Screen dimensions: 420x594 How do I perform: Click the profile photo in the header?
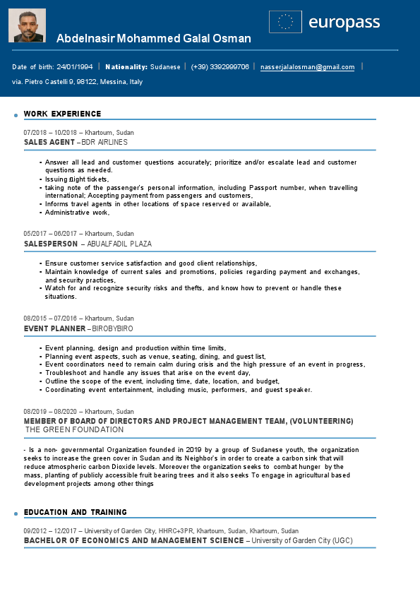pos(27,25)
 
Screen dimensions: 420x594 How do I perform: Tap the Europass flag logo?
pos(285,22)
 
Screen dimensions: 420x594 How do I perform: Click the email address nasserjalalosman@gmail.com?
pos(307,67)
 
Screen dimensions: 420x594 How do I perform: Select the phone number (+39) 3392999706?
pos(220,67)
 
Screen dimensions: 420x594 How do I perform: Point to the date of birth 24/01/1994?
pos(75,67)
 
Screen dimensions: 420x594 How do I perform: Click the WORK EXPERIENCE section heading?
pos(62,114)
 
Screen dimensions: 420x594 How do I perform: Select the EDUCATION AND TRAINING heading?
pos(75,512)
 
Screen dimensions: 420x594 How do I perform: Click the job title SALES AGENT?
pos(49,142)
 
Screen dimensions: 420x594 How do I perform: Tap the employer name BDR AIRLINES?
pos(104,142)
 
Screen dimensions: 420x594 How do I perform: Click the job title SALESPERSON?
pos(51,244)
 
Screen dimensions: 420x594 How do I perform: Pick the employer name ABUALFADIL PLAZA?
pos(119,244)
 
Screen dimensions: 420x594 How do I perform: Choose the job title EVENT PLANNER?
pos(54,328)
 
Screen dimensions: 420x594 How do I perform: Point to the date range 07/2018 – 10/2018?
pos(53,132)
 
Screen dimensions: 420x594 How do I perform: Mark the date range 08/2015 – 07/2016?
pos(53,319)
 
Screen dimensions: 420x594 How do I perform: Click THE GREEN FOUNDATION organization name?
pos(74,429)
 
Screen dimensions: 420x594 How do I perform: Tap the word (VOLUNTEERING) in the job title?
pos(316,421)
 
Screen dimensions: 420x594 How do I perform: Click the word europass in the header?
pos(344,23)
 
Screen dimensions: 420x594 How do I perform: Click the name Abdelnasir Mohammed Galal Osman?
pos(153,39)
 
